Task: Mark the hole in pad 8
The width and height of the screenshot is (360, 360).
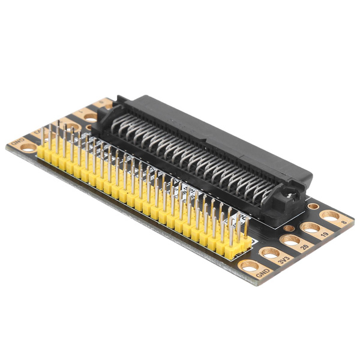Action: (x=330, y=215)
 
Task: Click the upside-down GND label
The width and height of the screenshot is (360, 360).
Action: (x=17, y=142)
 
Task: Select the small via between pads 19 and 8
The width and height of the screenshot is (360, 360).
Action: (x=313, y=206)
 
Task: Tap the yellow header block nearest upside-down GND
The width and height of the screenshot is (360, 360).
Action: (x=45, y=152)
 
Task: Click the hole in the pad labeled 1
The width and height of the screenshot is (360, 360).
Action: (x=91, y=118)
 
